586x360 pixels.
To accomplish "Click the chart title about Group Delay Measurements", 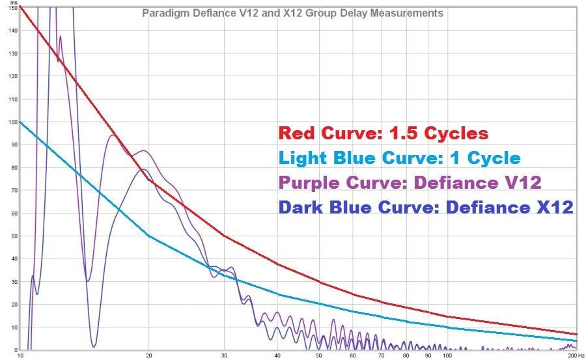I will (x=293, y=13).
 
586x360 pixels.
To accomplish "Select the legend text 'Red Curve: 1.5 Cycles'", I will (x=383, y=133).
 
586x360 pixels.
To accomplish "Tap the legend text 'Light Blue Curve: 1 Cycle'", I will (x=398, y=158).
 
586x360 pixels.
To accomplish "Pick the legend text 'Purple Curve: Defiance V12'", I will (x=410, y=182).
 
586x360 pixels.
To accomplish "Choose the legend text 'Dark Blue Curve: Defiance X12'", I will (x=426, y=207).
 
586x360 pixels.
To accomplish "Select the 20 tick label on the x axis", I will (x=149, y=355).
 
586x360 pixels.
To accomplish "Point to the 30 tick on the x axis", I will (x=224, y=355).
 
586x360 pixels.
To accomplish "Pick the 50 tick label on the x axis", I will (x=319, y=355).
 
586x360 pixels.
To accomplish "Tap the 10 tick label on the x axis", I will (x=21, y=355).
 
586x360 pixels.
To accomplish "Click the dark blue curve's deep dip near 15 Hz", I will (x=94, y=346).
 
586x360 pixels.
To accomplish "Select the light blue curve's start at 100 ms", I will (x=21, y=122).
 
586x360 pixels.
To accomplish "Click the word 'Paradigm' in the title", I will (x=163, y=13).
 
